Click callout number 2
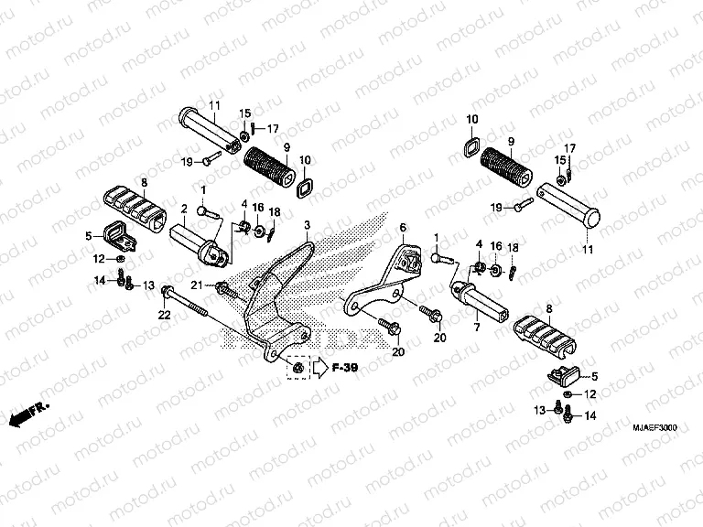tap(183, 208)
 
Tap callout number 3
tap(308, 225)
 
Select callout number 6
tap(402, 226)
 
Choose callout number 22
tap(164, 315)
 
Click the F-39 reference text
tap(343, 369)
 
